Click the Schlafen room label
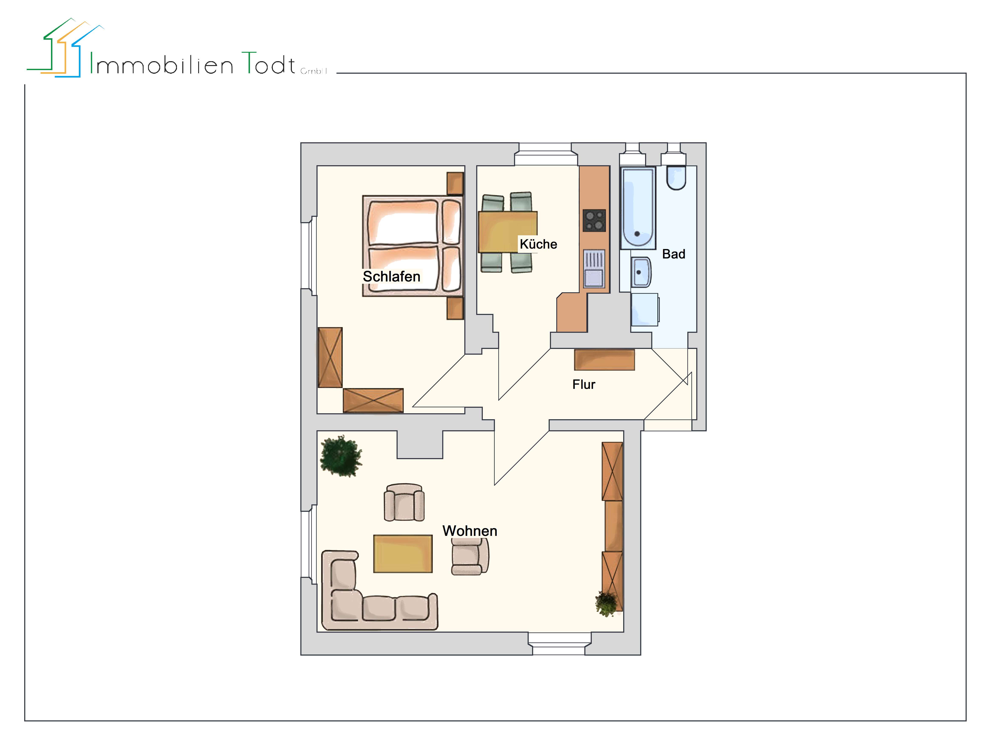(x=391, y=277)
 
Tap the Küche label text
(x=538, y=244)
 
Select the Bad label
(x=673, y=254)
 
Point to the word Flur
(x=584, y=385)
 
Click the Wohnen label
(x=470, y=531)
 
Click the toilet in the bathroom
(x=676, y=178)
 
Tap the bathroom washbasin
(x=641, y=272)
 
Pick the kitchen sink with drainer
(x=594, y=268)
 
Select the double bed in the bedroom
(x=412, y=246)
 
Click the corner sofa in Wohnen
(x=359, y=601)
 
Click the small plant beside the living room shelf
(x=606, y=604)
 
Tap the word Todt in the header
(x=268, y=64)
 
